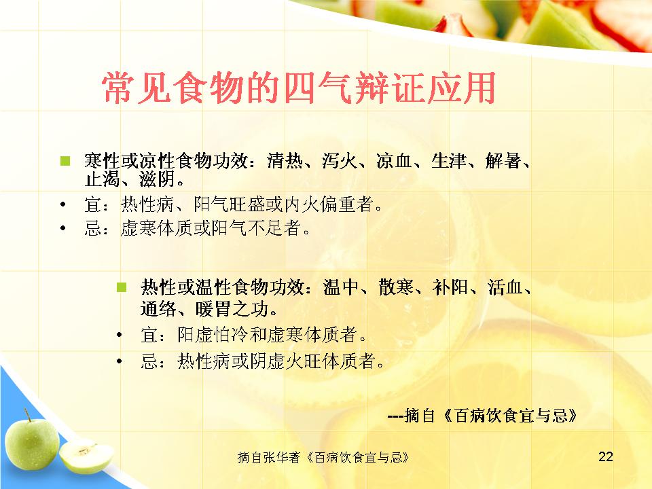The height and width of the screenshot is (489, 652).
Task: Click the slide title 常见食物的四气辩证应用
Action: pos(298,88)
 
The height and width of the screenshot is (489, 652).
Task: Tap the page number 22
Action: pos(605,456)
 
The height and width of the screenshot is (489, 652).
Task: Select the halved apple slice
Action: pos(86,456)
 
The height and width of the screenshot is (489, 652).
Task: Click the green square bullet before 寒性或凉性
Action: pos(65,160)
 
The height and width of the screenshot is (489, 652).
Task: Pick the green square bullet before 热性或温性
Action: pos(122,287)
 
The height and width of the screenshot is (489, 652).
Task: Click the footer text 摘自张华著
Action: pos(269,457)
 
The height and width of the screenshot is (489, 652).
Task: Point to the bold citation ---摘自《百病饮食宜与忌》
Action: pos(482,416)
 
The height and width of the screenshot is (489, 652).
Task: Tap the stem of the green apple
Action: pos(27,414)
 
